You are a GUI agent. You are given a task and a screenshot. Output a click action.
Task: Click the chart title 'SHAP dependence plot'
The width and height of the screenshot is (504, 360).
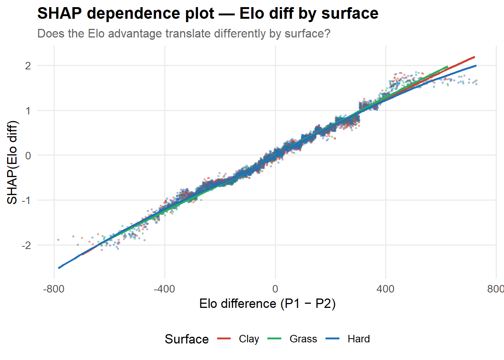coord(126,14)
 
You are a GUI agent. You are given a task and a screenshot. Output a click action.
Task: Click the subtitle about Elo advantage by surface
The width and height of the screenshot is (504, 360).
coord(184,33)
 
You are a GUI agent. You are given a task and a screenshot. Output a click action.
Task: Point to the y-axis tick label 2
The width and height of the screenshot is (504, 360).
coord(28,66)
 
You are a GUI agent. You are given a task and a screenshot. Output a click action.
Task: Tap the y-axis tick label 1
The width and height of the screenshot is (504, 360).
coord(28,111)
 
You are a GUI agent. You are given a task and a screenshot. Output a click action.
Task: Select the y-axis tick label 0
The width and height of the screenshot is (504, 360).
coord(28,156)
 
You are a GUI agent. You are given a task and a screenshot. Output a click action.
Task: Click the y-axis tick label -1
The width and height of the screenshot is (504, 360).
coord(26,200)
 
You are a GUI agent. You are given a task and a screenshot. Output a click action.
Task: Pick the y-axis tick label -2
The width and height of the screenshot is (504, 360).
coord(26,245)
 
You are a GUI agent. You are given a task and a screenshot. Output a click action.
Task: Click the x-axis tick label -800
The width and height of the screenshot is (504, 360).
coord(54,289)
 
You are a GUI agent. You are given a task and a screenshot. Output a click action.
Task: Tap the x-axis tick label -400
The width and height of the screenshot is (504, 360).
coord(165,289)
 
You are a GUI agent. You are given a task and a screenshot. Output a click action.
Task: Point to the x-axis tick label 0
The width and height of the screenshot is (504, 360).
coord(275,289)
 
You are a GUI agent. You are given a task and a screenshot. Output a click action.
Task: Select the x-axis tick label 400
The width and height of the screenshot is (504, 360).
coord(385,289)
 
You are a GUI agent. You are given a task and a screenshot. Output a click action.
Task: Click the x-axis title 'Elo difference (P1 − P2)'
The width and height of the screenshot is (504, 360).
coord(267,304)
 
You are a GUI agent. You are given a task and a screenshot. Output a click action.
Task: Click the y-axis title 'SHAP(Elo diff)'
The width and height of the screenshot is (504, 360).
coord(12,162)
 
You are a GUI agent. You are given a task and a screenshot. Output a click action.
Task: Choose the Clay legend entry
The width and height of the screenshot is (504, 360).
coord(238,339)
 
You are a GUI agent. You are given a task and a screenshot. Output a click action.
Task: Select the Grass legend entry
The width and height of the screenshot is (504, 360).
coord(292,339)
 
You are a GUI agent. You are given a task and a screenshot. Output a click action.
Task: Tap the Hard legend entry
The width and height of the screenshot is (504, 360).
coord(348,339)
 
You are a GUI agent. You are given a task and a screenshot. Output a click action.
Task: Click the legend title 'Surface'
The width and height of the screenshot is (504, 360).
coord(187,339)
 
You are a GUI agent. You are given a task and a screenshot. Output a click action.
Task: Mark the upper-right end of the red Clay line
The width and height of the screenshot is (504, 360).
coord(474,57)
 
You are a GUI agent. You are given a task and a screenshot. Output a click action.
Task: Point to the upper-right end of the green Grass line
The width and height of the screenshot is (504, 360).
coord(447,67)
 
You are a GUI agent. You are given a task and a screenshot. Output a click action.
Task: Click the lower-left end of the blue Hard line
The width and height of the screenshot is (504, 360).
coord(59,268)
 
